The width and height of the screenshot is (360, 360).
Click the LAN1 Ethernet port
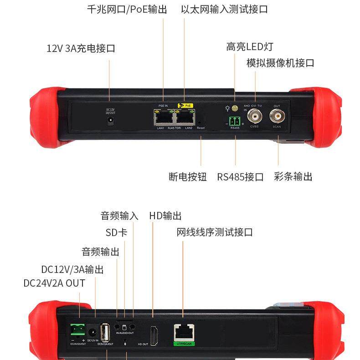[163, 118]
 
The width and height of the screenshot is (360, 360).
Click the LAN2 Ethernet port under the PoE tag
[185, 118]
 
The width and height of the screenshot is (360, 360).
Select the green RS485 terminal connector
[235, 121]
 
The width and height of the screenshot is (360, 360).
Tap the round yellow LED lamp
[235, 108]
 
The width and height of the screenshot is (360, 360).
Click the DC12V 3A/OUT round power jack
[110, 120]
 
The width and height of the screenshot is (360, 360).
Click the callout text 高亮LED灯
[249, 46]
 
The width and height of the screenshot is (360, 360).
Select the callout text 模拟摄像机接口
[280, 63]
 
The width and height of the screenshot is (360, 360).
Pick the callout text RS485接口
[240, 177]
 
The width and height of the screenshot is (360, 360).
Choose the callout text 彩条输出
[293, 177]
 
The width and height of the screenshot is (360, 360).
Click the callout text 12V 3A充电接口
[81, 48]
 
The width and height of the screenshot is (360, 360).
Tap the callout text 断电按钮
[187, 177]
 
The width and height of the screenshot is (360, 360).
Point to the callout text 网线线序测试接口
[215, 232]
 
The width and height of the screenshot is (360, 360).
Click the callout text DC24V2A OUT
[54, 283]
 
